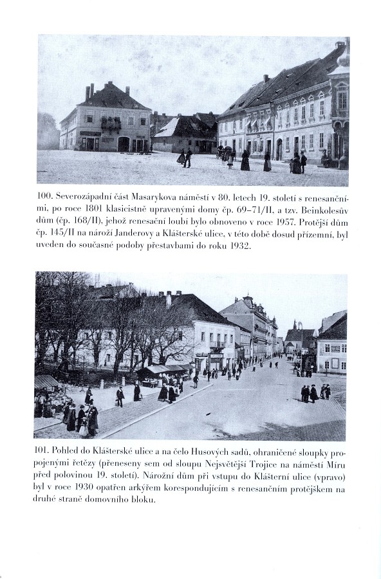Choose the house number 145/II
(61, 234)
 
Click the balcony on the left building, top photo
(111, 122)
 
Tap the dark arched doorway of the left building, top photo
(123, 144)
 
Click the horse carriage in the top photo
(226, 152)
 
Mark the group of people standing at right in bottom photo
(314, 392)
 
